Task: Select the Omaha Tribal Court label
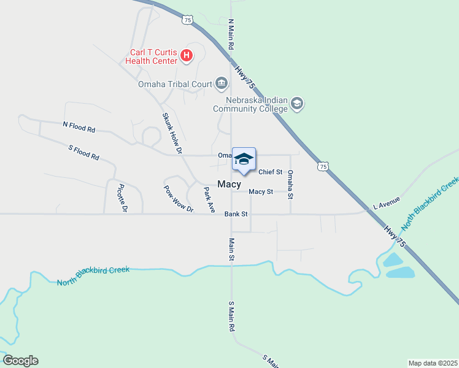click(x=174, y=84)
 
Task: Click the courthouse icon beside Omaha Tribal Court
click(x=221, y=84)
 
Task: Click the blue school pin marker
click(x=244, y=160)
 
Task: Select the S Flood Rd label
click(x=83, y=152)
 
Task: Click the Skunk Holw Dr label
click(x=172, y=132)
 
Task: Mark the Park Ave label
click(x=209, y=201)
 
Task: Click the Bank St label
click(x=236, y=214)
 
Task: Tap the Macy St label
click(x=261, y=191)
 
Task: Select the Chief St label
click(x=270, y=172)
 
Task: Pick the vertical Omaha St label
click(x=291, y=184)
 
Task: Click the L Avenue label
click(x=387, y=202)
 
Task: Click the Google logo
click(x=20, y=361)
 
